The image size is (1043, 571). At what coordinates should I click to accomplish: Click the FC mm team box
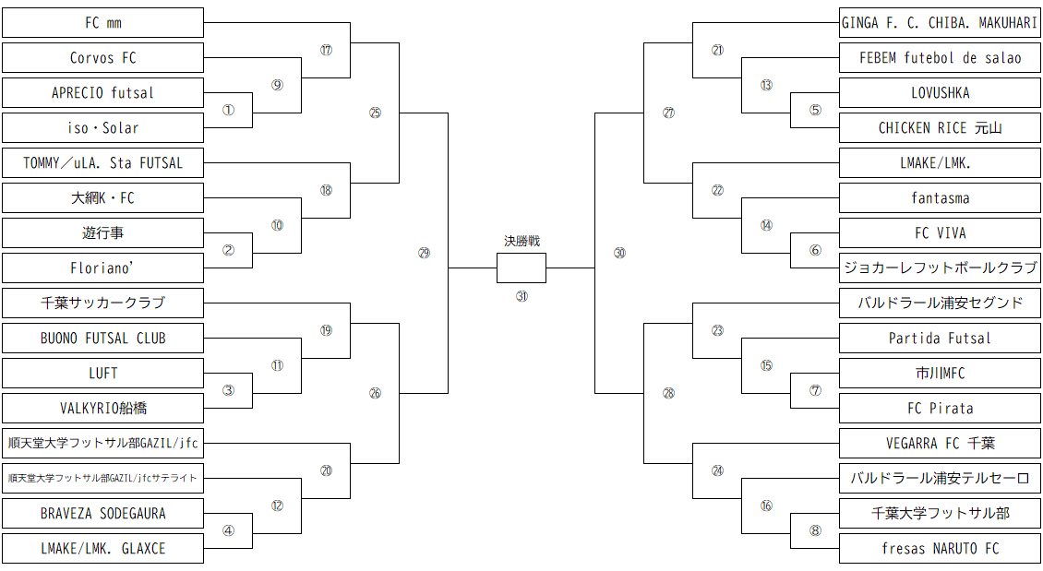102,22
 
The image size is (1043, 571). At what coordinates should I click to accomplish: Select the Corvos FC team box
102,57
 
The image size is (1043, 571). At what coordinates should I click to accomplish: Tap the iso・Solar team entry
102,127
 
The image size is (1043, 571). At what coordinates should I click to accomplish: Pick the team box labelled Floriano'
102,268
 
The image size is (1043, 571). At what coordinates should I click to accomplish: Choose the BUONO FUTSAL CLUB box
102,338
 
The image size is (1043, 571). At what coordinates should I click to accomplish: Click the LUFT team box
102,373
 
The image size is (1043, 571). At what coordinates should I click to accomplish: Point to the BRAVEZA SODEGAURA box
102,513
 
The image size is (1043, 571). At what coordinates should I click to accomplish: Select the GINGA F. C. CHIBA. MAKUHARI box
940,22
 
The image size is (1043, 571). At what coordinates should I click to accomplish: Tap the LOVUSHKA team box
940,92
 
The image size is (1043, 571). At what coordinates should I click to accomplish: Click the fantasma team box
940,197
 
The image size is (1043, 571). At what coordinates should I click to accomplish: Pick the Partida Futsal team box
940,338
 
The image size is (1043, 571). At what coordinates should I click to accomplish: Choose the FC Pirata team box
940,408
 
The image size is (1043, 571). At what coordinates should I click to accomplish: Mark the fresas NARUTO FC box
940,548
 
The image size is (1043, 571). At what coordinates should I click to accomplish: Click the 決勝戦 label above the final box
521,241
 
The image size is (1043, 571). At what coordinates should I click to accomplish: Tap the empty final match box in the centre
521,268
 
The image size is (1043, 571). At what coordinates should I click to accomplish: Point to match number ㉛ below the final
521,296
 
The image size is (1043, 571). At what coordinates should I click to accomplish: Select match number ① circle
228,110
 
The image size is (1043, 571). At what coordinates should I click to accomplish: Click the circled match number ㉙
424,252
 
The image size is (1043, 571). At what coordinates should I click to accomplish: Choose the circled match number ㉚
619,252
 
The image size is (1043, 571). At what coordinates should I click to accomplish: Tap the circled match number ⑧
815,530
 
